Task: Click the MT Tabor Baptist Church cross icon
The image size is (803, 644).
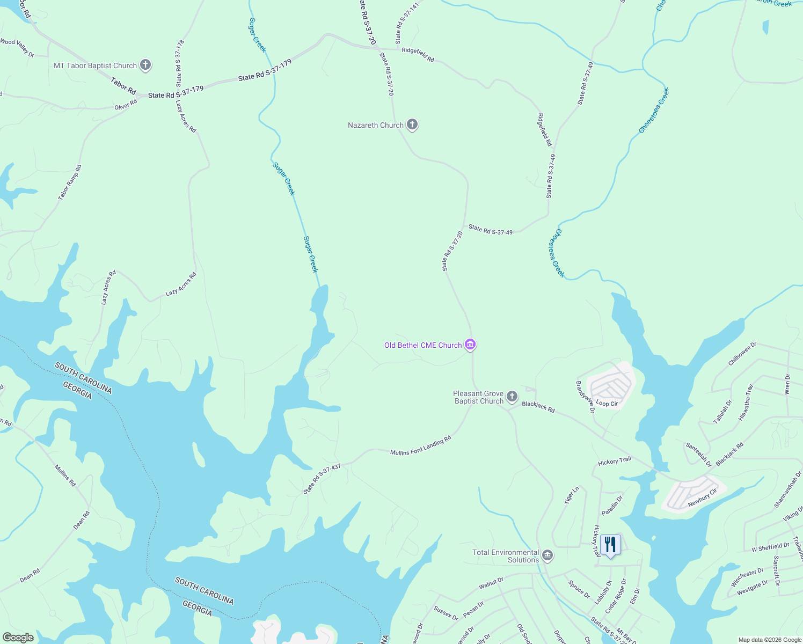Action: (145, 65)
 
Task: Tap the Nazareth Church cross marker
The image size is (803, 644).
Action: (412, 125)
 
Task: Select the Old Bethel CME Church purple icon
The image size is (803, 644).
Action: (470, 345)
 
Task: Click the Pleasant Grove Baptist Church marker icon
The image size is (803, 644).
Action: (512, 397)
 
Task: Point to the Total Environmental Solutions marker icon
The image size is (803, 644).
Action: (547, 555)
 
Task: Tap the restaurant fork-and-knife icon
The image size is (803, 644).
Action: (610, 545)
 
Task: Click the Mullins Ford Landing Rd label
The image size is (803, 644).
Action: (420, 446)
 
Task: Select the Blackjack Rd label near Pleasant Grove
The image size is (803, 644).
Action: (538, 407)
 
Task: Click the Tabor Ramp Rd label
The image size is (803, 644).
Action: (70, 182)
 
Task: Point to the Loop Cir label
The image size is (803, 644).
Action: (607, 404)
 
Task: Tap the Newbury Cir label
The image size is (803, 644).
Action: (702, 498)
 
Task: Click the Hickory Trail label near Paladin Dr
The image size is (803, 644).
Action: (615, 461)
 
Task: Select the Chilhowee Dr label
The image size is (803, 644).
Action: (742, 354)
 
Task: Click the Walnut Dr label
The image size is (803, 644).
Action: (491, 583)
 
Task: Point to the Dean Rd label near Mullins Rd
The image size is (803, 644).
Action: (82, 519)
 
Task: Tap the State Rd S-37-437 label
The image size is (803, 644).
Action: (322, 479)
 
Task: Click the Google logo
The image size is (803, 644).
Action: (18, 638)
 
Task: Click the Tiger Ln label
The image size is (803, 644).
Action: (572, 495)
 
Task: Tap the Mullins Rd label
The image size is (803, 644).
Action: (65, 475)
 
